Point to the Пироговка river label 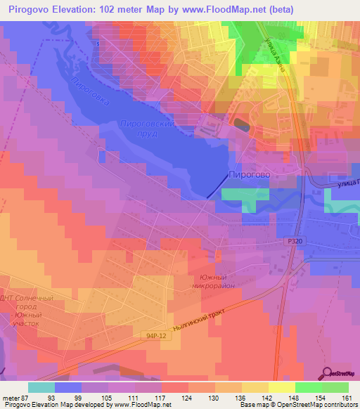[x=90, y=91]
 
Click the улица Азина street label [x=274, y=58]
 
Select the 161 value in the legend [x=346, y=398]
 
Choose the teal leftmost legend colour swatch [x=41, y=387]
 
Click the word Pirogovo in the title [x=31, y=8]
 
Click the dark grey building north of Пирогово [x=240, y=125]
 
